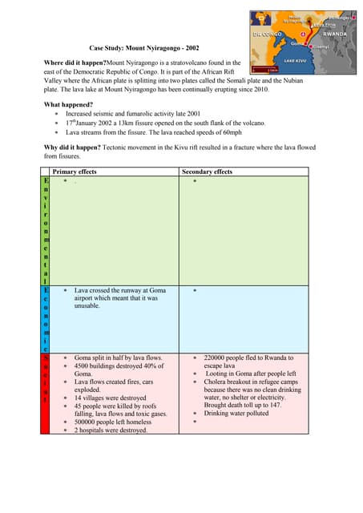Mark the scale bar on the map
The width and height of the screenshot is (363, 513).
[260, 70]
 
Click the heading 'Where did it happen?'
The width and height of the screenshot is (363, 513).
[72, 62]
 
